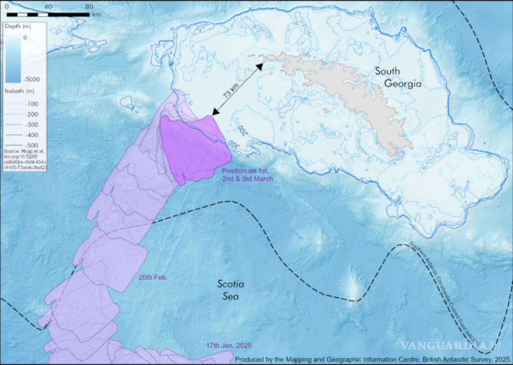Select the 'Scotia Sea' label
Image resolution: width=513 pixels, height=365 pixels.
(x=230, y=290)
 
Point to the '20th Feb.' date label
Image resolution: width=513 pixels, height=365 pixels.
(x=153, y=277)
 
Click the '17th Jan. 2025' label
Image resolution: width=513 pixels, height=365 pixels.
(x=229, y=345)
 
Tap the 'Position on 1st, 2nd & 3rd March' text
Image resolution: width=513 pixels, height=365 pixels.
(x=247, y=174)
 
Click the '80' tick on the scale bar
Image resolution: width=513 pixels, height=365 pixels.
(x=89, y=7)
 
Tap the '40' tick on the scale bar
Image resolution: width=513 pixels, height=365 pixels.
(x=48, y=7)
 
